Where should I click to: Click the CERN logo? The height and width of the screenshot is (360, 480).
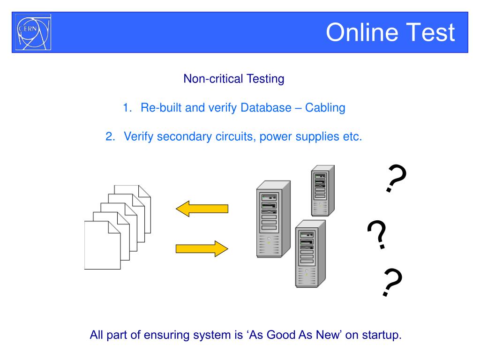33,32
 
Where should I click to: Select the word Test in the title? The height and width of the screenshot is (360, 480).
432,32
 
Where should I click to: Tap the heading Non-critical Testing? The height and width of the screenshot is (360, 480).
233,79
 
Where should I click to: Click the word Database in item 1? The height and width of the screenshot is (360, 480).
266,108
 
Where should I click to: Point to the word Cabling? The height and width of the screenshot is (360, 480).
325,108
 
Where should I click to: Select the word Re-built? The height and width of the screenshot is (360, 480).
161,108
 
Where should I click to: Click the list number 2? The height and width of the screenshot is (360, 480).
110,137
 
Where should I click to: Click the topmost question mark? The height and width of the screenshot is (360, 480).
395,179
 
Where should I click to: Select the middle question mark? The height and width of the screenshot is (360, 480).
377,235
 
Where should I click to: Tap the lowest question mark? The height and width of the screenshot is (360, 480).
392,283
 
